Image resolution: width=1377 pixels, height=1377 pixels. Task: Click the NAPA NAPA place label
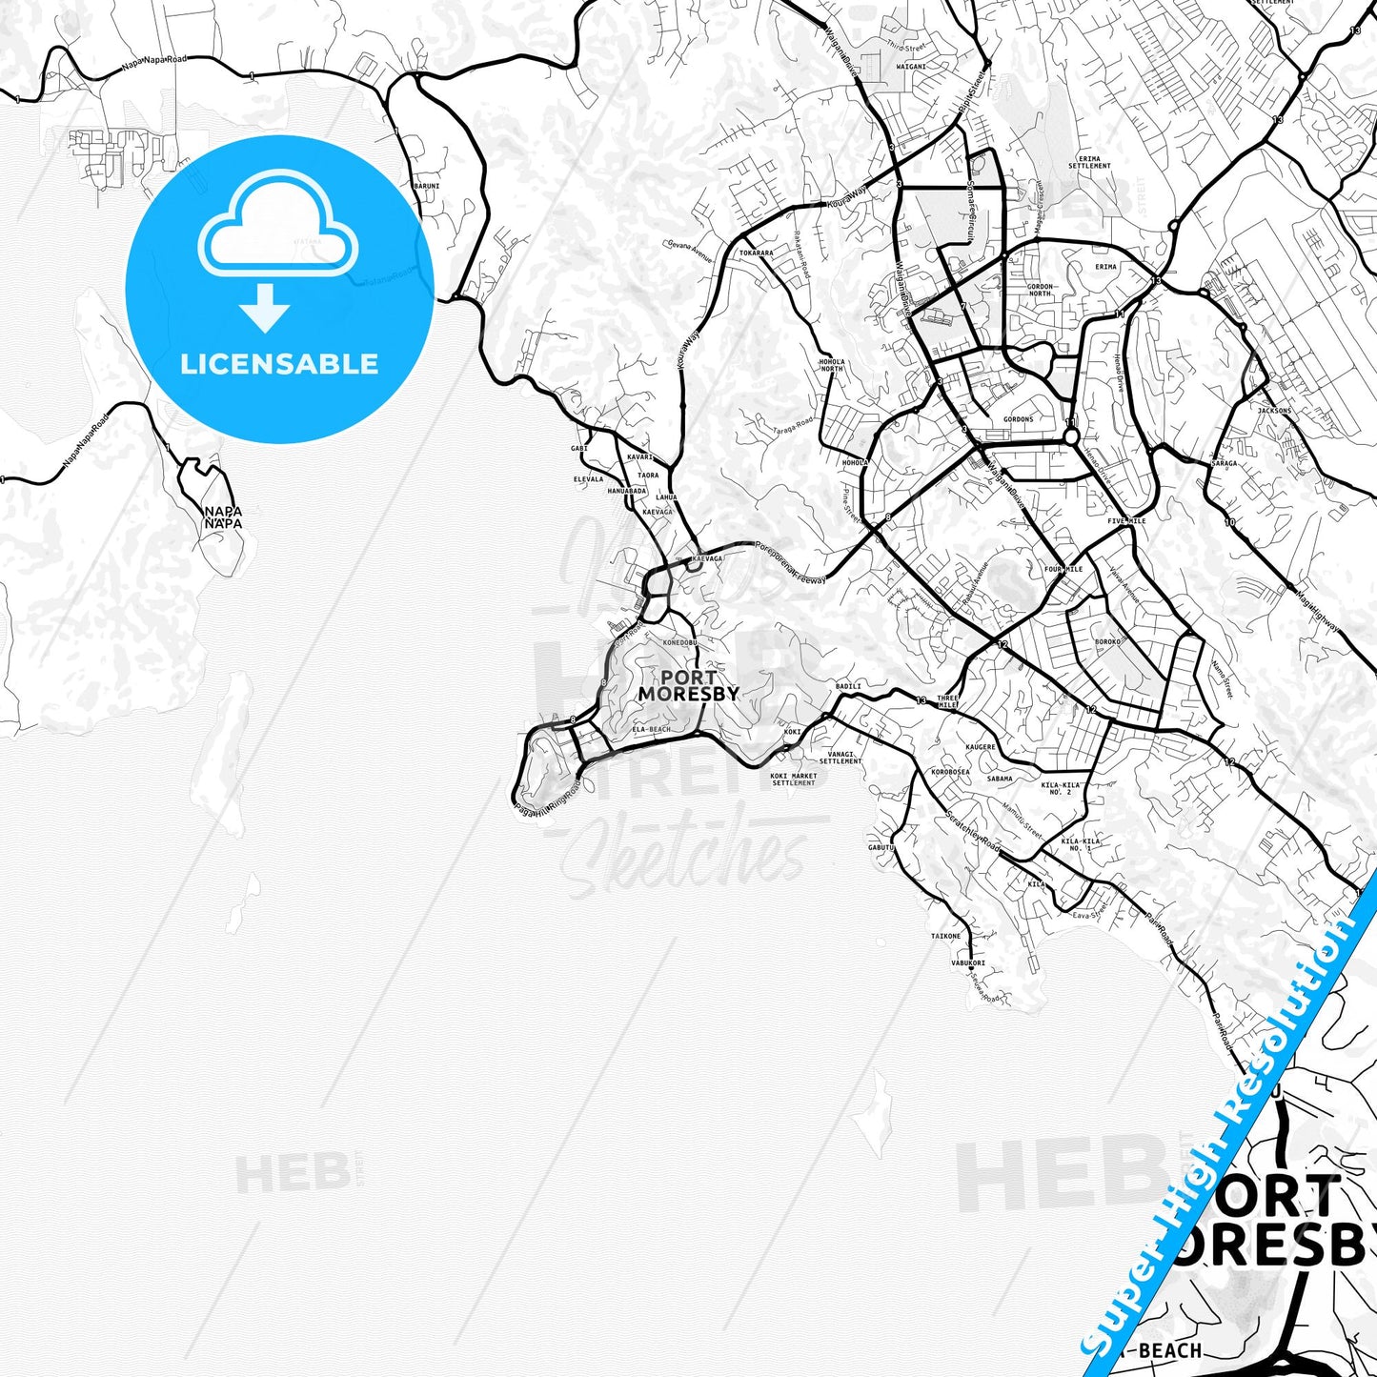(223, 517)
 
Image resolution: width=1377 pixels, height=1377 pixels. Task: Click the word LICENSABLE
(279, 364)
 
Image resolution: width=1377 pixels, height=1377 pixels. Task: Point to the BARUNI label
(426, 186)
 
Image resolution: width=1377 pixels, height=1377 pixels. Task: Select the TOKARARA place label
(756, 253)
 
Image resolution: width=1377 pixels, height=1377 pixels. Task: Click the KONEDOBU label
(680, 642)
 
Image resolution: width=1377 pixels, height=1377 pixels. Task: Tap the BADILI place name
(848, 686)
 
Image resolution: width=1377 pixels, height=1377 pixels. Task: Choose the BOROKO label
(1107, 642)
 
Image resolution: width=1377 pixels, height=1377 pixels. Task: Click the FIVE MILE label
(1126, 521)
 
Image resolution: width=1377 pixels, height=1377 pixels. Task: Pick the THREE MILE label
(947, 701)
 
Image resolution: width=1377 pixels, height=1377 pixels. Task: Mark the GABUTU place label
(881, 847)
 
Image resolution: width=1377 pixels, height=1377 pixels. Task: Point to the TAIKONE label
(945, 936)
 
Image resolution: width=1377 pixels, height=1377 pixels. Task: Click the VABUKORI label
(967, 963)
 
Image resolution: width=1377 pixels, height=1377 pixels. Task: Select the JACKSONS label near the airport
(1274, 411)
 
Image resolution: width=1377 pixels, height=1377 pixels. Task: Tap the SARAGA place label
(1224, 464)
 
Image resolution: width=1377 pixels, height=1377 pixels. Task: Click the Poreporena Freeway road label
(791, 563)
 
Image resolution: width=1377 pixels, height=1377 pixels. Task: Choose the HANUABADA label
(626, 491)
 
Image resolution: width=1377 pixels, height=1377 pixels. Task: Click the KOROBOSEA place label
(950, 772)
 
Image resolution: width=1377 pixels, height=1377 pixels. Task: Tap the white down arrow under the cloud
(265, 307)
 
